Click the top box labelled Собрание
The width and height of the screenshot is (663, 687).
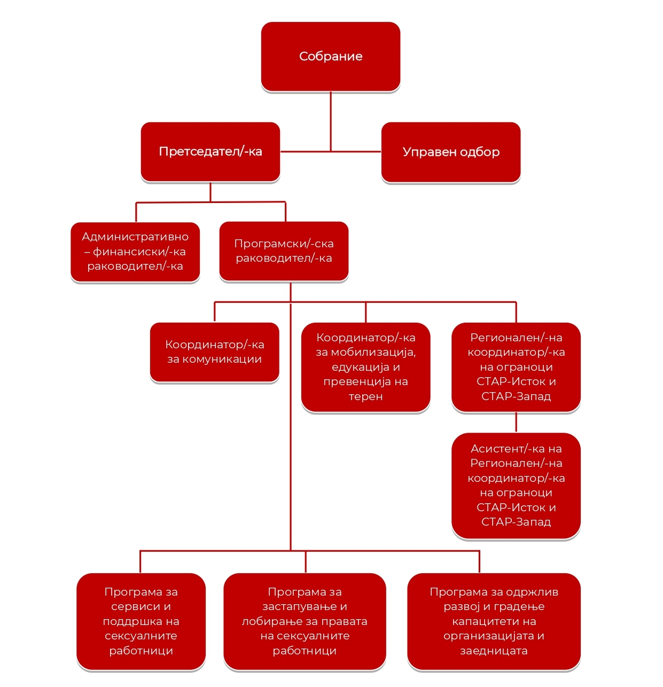330,57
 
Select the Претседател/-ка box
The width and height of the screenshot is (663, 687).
210,152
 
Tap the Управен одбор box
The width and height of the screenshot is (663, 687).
450,152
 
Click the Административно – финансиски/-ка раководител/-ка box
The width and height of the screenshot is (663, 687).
135,252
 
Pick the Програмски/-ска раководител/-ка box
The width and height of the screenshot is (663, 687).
284,251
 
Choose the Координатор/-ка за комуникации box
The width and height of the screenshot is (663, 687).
214,352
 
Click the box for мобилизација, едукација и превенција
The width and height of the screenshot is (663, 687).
365,367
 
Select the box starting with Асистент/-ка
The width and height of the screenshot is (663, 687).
516,486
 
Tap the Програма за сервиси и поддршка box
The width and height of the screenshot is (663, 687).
141,621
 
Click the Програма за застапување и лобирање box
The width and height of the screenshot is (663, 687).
305,621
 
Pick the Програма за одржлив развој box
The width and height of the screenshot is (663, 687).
494,621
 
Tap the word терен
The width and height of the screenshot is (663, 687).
365,396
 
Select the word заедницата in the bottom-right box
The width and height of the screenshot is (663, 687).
494,651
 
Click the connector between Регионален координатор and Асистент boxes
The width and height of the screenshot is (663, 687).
516,422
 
